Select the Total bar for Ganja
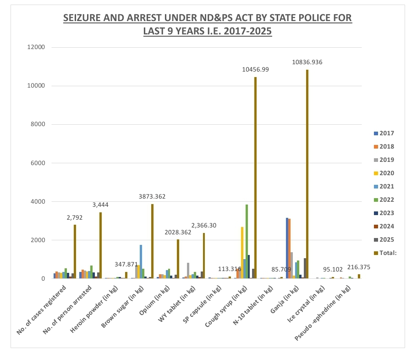tap(307, 174)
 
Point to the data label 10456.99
tap(255, 69)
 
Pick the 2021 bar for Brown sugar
tap(141, 262)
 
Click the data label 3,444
tap(100, 205)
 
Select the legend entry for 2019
tap(384, 160)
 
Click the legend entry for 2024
tap(384, 226)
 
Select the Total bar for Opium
tap(178, 259)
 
